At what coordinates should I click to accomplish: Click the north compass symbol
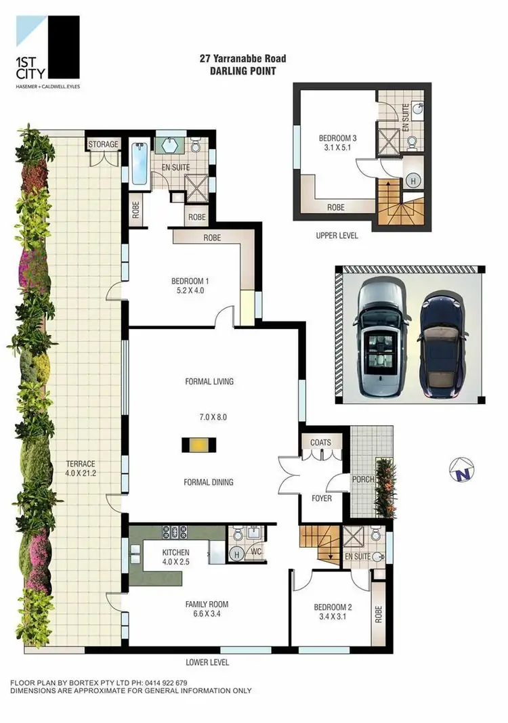coord(461,468)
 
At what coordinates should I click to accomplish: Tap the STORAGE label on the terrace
coord(103,144)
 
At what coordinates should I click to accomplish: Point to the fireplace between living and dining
coord(198,445)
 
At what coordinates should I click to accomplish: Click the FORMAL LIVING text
coord(209,381)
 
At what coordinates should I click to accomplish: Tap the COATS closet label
coord(320,443)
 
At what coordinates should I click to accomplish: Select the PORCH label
coord(360,480)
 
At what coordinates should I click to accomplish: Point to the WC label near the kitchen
coord(256,552)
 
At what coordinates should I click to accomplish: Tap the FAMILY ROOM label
coord(207,604)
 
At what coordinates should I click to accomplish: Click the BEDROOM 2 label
coord(331,607)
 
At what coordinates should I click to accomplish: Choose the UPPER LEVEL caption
coord(337,236)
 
